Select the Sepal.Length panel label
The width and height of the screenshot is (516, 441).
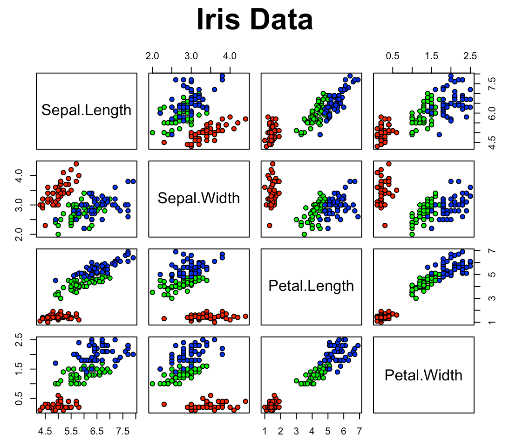pyautogui.click(x=87, y=110)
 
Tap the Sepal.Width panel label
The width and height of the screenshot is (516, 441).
pyautogui.click(x=199, y=198)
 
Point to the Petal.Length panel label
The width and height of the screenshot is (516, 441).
pyautogui.click(x=311, y=285)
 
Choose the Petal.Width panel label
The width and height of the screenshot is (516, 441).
pyautogui.click(x=423, y=375)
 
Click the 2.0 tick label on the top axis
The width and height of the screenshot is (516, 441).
pyautogui.click(x=152, y=56)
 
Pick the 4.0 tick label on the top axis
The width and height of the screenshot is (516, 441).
pyautogui.click(x=230, y=56)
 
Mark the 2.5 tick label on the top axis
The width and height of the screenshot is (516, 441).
pyautogui.click(x=470, y=56)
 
